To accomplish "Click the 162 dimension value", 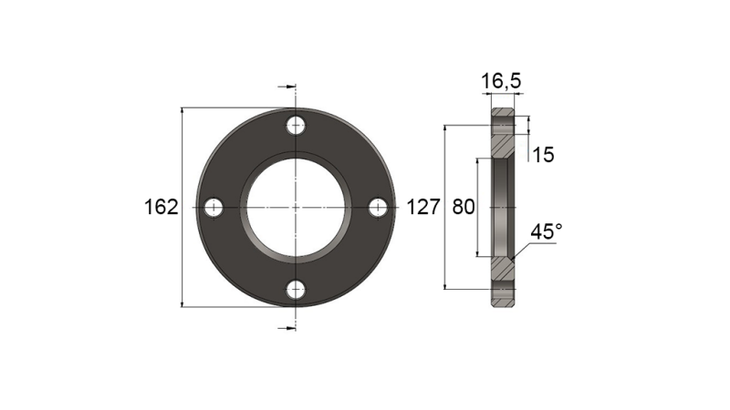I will coord(161,208).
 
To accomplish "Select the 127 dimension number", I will coord(423,208).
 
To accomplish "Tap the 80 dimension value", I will coord(464,208).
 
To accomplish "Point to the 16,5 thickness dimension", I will coord(501,82).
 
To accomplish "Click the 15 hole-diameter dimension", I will coord(543,155).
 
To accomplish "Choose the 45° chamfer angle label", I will coord(546,232).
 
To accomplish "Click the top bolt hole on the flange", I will coord(295,127).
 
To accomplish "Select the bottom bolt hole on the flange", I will coord(295,290).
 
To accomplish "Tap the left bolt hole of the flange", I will coord(214,208).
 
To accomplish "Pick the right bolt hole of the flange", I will coord(377,208).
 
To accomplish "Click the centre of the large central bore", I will coord(295,208).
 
